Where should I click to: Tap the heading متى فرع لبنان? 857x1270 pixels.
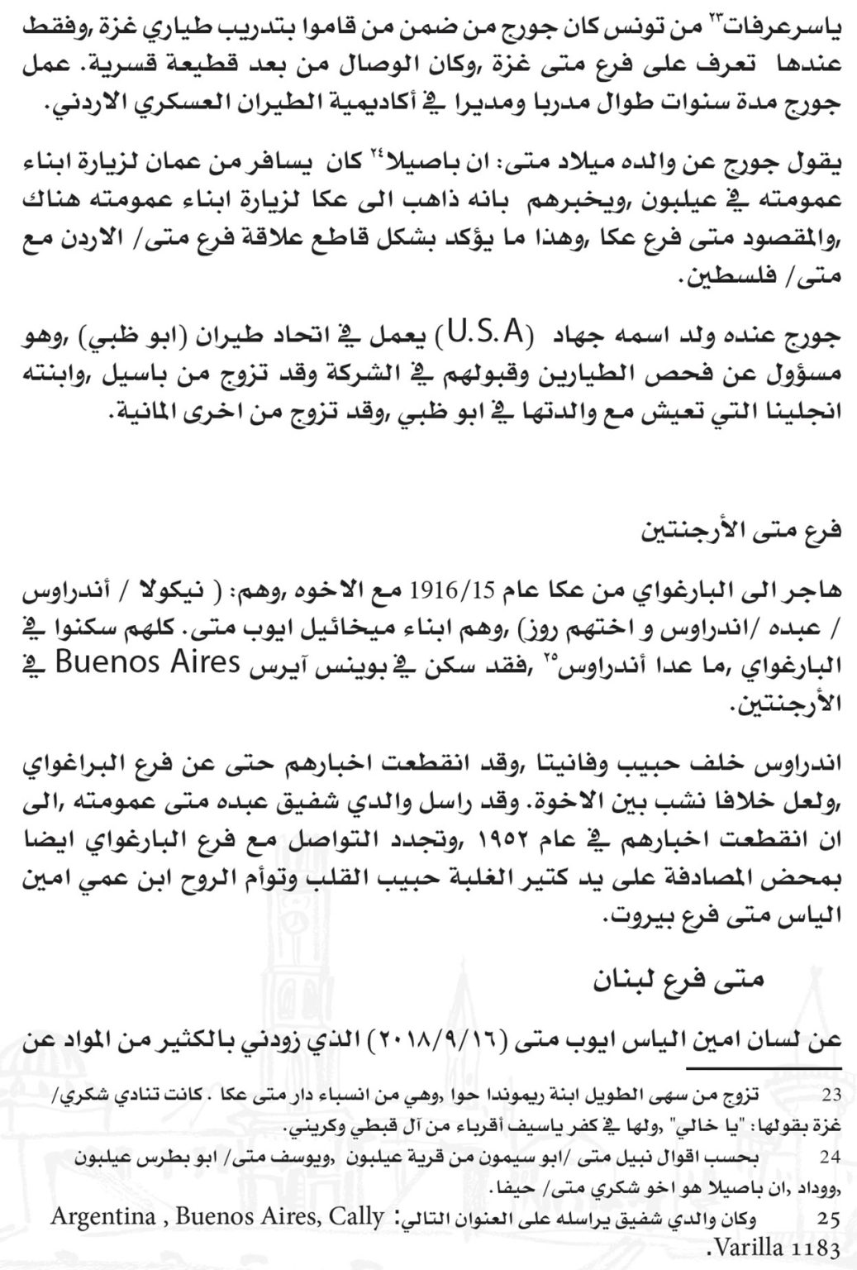pyautogui.click(x=679, y=981)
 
